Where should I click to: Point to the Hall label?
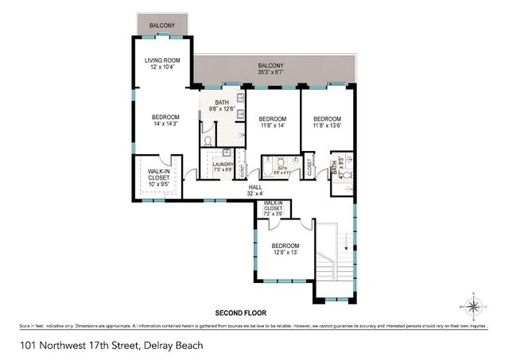[254, 188]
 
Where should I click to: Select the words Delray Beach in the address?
[173, 344]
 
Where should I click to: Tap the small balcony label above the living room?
[162, 26]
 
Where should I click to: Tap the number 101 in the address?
[29, 344]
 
